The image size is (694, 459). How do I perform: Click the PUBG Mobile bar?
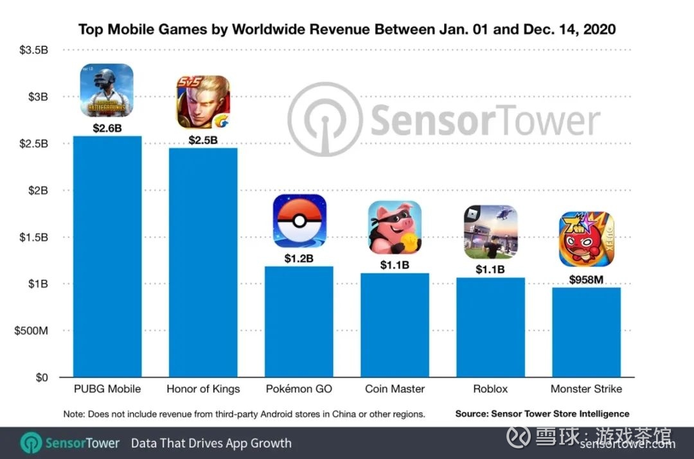coord(107,257)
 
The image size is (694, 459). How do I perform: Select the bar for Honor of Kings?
coord(203,263)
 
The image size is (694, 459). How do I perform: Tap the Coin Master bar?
coord(394,325)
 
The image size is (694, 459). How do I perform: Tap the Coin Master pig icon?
coord(394,227)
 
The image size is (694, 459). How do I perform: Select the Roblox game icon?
coord(490,231)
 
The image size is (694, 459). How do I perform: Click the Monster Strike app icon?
coord(586,239)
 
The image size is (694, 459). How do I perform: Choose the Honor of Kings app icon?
coord(202,102)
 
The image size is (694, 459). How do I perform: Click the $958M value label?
coord(586,280)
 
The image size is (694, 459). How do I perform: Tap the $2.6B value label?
coord(107,128)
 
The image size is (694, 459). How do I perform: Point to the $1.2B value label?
coord(299,259)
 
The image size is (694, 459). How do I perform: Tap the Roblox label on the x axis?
coord(490,389)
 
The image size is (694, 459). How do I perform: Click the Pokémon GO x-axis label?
coord(299,389)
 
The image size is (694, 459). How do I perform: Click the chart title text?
coord(346,30)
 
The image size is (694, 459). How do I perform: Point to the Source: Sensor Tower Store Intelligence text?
coord(542,414)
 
